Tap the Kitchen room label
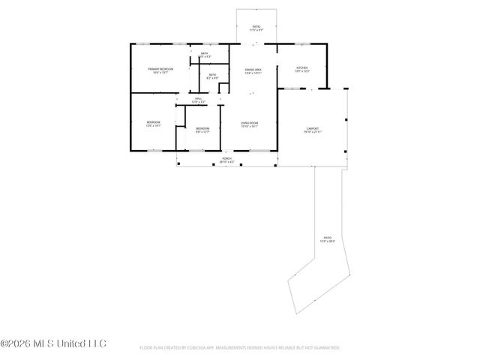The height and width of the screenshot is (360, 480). (x=301, y=67)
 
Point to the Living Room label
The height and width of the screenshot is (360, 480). (x=249, y=123)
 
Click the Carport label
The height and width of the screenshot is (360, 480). (x=312, y=128)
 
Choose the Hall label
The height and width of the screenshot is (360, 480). (x=198, y=98)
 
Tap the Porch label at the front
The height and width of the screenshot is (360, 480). (x=226, y=159)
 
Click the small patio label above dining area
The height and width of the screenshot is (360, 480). (x=256, y=27)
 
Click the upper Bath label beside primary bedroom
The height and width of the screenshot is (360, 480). (x=205, y=53)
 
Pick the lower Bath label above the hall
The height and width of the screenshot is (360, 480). (x=212, y=74)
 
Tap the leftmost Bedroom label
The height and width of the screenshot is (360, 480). (x=153, y=121)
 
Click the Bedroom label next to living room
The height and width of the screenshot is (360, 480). (x=202, y=128)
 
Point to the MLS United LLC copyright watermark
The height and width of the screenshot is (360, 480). (x=53, y=344)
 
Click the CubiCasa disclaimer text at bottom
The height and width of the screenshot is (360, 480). (x=240, y=348)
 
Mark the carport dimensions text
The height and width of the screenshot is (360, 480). (x=312, y=132)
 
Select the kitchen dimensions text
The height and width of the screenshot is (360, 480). (x=301, y=71)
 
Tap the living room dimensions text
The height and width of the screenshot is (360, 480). (x=249, y=127)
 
